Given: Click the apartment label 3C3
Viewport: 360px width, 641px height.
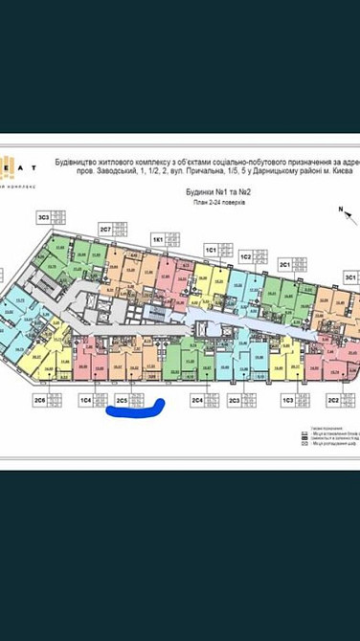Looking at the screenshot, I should pyautogui.click(x=43, y=217).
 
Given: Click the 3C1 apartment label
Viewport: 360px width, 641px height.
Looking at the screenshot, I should pyautogui.click(x=284, y=262).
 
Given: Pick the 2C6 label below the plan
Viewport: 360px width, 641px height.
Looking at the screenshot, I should pyautogui.click(x=39, y=399).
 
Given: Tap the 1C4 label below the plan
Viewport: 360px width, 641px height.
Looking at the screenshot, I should pyautogui.click(x=85, y=399).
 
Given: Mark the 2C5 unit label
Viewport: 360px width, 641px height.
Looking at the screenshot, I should pyautogui.click(x=122, y=399).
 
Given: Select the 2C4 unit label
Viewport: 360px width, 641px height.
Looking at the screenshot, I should pyautogui.click(x=197, y=399).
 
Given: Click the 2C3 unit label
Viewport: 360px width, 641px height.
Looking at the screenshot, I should pyautogui.click(x=235, y=399).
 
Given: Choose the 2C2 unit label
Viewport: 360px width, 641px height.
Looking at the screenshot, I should pyautogui.click(x=333, y=399).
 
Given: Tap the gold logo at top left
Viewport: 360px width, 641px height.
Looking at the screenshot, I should pyautogui.click(x=8, y=166).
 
